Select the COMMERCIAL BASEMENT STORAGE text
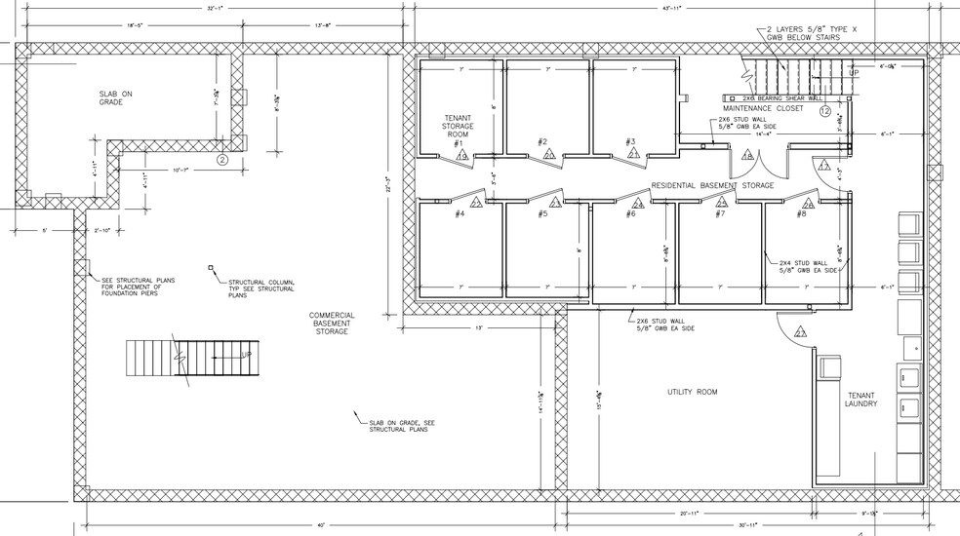coord(331,324)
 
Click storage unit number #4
coord(459,213)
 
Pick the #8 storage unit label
coord(801,213)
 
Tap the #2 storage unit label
coord(542,142)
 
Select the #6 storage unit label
coord(630,213)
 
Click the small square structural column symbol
coord(210,267)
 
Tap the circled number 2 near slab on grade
coord(221,159)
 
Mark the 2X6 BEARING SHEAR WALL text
coord(781,98)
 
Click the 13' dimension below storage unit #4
coord(480,328)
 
